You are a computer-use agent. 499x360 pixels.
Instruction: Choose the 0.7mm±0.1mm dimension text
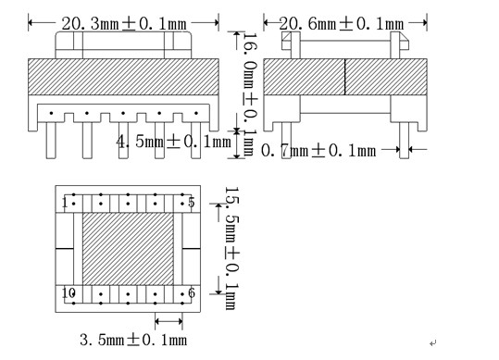click(319, 149)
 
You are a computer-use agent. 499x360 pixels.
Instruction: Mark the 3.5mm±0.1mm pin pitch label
click(133, 340)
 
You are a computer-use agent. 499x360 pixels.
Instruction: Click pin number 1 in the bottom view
click(65, 202)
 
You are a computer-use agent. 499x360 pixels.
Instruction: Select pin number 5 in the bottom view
click(191, 202)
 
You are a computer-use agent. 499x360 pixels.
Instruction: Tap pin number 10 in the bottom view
click(68, 292)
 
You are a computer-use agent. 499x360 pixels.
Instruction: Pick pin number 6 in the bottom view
click(191, 292)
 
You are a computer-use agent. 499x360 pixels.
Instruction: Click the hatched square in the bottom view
click(128, 248)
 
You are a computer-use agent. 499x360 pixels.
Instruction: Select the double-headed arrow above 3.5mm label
click(168, 322)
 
